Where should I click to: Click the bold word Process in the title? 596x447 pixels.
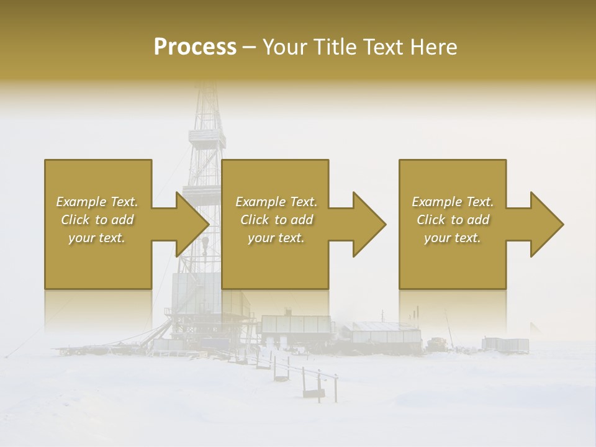coord(195,47)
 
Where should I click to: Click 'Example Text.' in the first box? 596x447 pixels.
coord(97,202)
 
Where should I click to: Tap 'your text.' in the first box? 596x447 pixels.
coord(97,238)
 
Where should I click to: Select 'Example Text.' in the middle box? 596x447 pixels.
coord(276,202)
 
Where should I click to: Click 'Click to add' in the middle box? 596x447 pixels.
coord(276,220)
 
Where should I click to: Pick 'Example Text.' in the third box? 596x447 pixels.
coord(453,202)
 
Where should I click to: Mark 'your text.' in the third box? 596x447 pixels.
coord(453,238)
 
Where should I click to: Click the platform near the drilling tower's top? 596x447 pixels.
coord(207,135)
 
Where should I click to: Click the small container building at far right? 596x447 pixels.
coord(505,343)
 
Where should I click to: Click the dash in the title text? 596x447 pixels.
coord(249,47)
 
